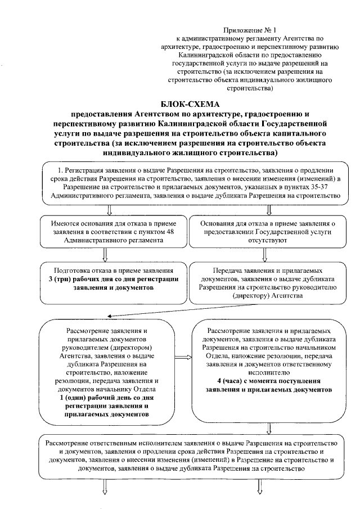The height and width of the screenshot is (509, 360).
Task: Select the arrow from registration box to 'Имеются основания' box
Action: (x=110, y=209)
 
